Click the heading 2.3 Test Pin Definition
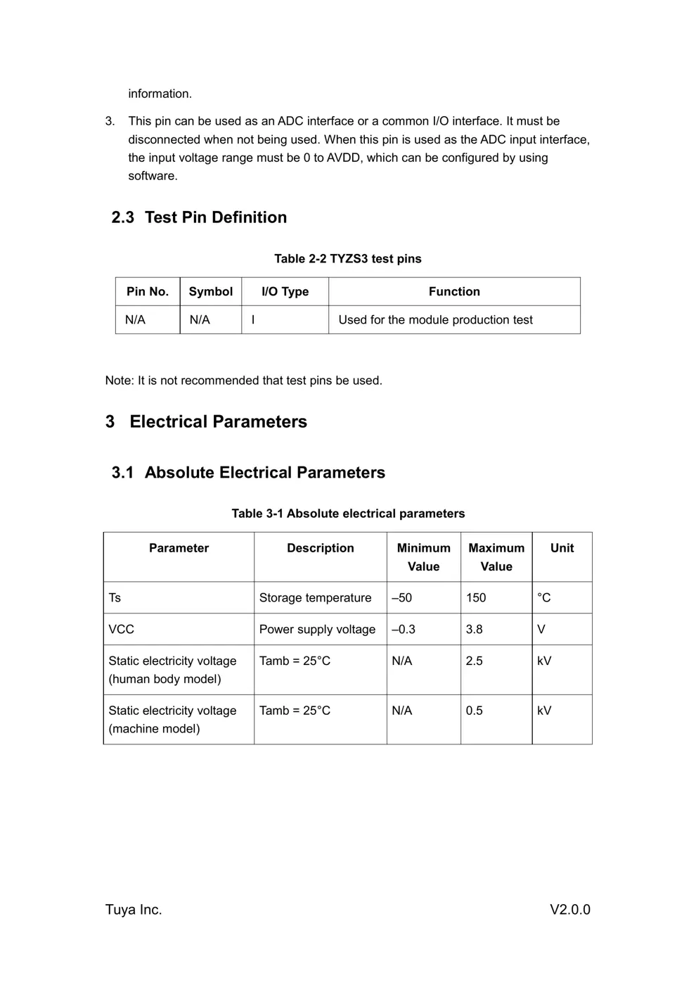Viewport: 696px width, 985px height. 199,217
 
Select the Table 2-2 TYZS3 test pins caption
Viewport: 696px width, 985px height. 347,259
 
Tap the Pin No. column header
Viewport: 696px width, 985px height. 148,291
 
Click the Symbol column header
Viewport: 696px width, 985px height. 210,291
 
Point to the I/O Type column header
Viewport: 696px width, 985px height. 285,291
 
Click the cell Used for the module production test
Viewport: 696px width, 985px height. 435,320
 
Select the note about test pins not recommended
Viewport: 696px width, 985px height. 243,381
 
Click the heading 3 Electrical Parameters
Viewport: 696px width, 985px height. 206,421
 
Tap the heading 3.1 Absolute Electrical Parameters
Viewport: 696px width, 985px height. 248,473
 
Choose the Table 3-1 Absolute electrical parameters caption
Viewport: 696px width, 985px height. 348,514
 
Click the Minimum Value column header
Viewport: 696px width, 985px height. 423,557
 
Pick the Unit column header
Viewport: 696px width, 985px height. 562,548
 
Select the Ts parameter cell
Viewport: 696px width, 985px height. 115,598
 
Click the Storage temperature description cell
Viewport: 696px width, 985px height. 315,598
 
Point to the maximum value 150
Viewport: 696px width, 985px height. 476,598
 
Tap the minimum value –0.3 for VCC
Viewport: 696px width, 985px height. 404,630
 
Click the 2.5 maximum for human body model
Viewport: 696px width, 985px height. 475,661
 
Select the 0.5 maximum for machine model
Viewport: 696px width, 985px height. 475,711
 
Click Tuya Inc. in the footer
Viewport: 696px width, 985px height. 134,910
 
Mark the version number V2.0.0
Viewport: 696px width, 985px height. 569,910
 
